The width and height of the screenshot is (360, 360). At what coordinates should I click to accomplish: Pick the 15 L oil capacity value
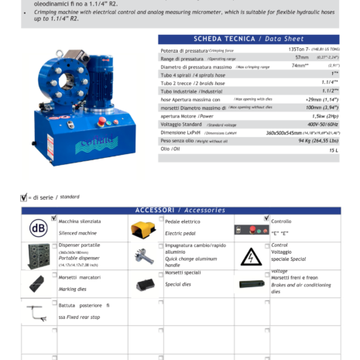(333, 150)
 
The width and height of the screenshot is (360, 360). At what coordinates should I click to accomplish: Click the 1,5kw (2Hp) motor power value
(325, 116)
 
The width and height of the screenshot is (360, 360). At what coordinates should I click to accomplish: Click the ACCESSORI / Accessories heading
(180, 210)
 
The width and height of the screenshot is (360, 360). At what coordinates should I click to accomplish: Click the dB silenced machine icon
(38, 228)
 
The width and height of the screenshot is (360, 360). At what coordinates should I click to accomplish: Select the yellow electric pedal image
(142, 228)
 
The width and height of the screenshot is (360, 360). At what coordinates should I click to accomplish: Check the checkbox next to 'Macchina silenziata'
(54, 218)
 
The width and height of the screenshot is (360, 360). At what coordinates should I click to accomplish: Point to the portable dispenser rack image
(38, 256)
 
